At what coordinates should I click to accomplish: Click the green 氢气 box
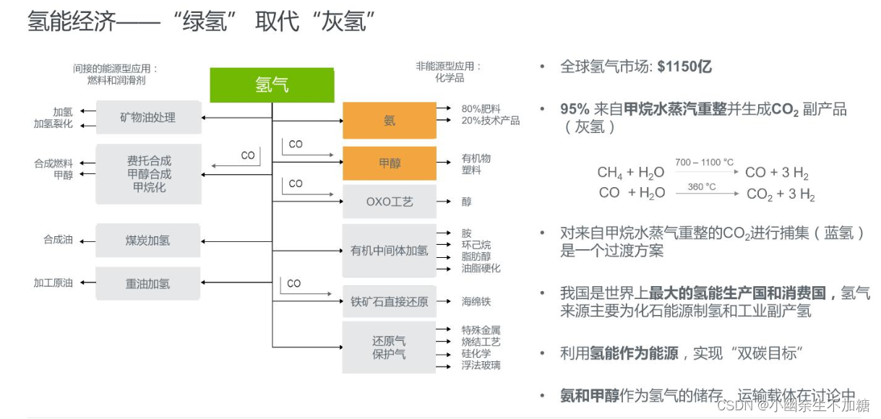click(272, 85)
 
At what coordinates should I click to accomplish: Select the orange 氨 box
click(389, 121)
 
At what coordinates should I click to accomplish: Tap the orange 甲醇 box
click(389, 163)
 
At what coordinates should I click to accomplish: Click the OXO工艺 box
click(389, 202)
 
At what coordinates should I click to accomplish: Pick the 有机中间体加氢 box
click(389, 251)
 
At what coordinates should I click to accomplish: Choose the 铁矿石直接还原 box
click(389, 301)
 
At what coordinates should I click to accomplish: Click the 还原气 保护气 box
click(389, 347)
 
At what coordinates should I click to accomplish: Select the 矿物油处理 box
click(147, 117)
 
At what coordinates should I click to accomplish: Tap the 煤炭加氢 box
click(147, 241)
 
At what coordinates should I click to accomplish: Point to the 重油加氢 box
click(147, 284)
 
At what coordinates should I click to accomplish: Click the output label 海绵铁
click(476, 301)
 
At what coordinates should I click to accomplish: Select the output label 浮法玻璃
click(481, 366)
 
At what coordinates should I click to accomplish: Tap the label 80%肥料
click(481, 108)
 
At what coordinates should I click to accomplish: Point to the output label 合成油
click(58, 240)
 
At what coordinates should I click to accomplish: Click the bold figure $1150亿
click(684, 66)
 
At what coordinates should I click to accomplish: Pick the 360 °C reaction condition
click(701, 186)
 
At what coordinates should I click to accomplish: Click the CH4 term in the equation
click(609, 173)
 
